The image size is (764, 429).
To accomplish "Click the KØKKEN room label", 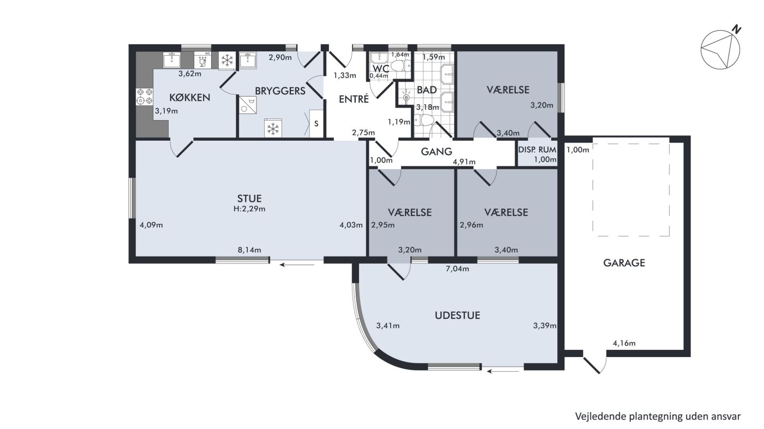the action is point(190,98).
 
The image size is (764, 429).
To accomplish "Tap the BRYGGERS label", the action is point(280,91).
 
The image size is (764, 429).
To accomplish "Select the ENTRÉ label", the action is point(354,99).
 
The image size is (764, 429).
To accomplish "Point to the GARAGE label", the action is point(624,263).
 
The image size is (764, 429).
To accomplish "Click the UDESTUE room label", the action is point(457,315).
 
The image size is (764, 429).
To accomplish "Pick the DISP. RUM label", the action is point(537,150).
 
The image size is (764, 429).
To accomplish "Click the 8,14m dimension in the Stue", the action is point(249,250).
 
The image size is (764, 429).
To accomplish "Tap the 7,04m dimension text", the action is point(457,269).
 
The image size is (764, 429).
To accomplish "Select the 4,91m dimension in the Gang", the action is point(464,162).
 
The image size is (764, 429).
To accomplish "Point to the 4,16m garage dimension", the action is point(624,343).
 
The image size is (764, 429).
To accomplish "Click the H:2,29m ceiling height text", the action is point(249,208).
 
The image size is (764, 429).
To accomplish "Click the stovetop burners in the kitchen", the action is point(144,96).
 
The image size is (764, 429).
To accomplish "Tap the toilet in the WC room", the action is point(400,65).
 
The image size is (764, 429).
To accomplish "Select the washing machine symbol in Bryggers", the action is point(247,105).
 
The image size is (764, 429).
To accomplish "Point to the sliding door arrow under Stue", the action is point(296,264).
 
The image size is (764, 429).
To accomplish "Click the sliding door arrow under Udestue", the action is point(503,371).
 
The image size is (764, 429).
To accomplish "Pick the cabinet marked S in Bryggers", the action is point(316,123).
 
